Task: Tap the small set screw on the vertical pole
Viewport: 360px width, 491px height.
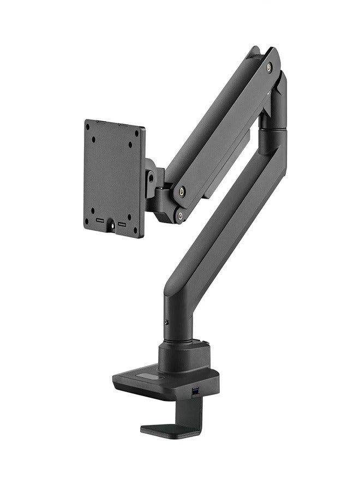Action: [x=166, y=322]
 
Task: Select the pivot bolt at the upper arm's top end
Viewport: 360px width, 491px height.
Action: [x=269, y=67]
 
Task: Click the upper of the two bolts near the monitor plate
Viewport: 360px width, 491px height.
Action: [x=182, y=191]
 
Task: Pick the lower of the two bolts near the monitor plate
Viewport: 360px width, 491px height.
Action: [x=179, y=216]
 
